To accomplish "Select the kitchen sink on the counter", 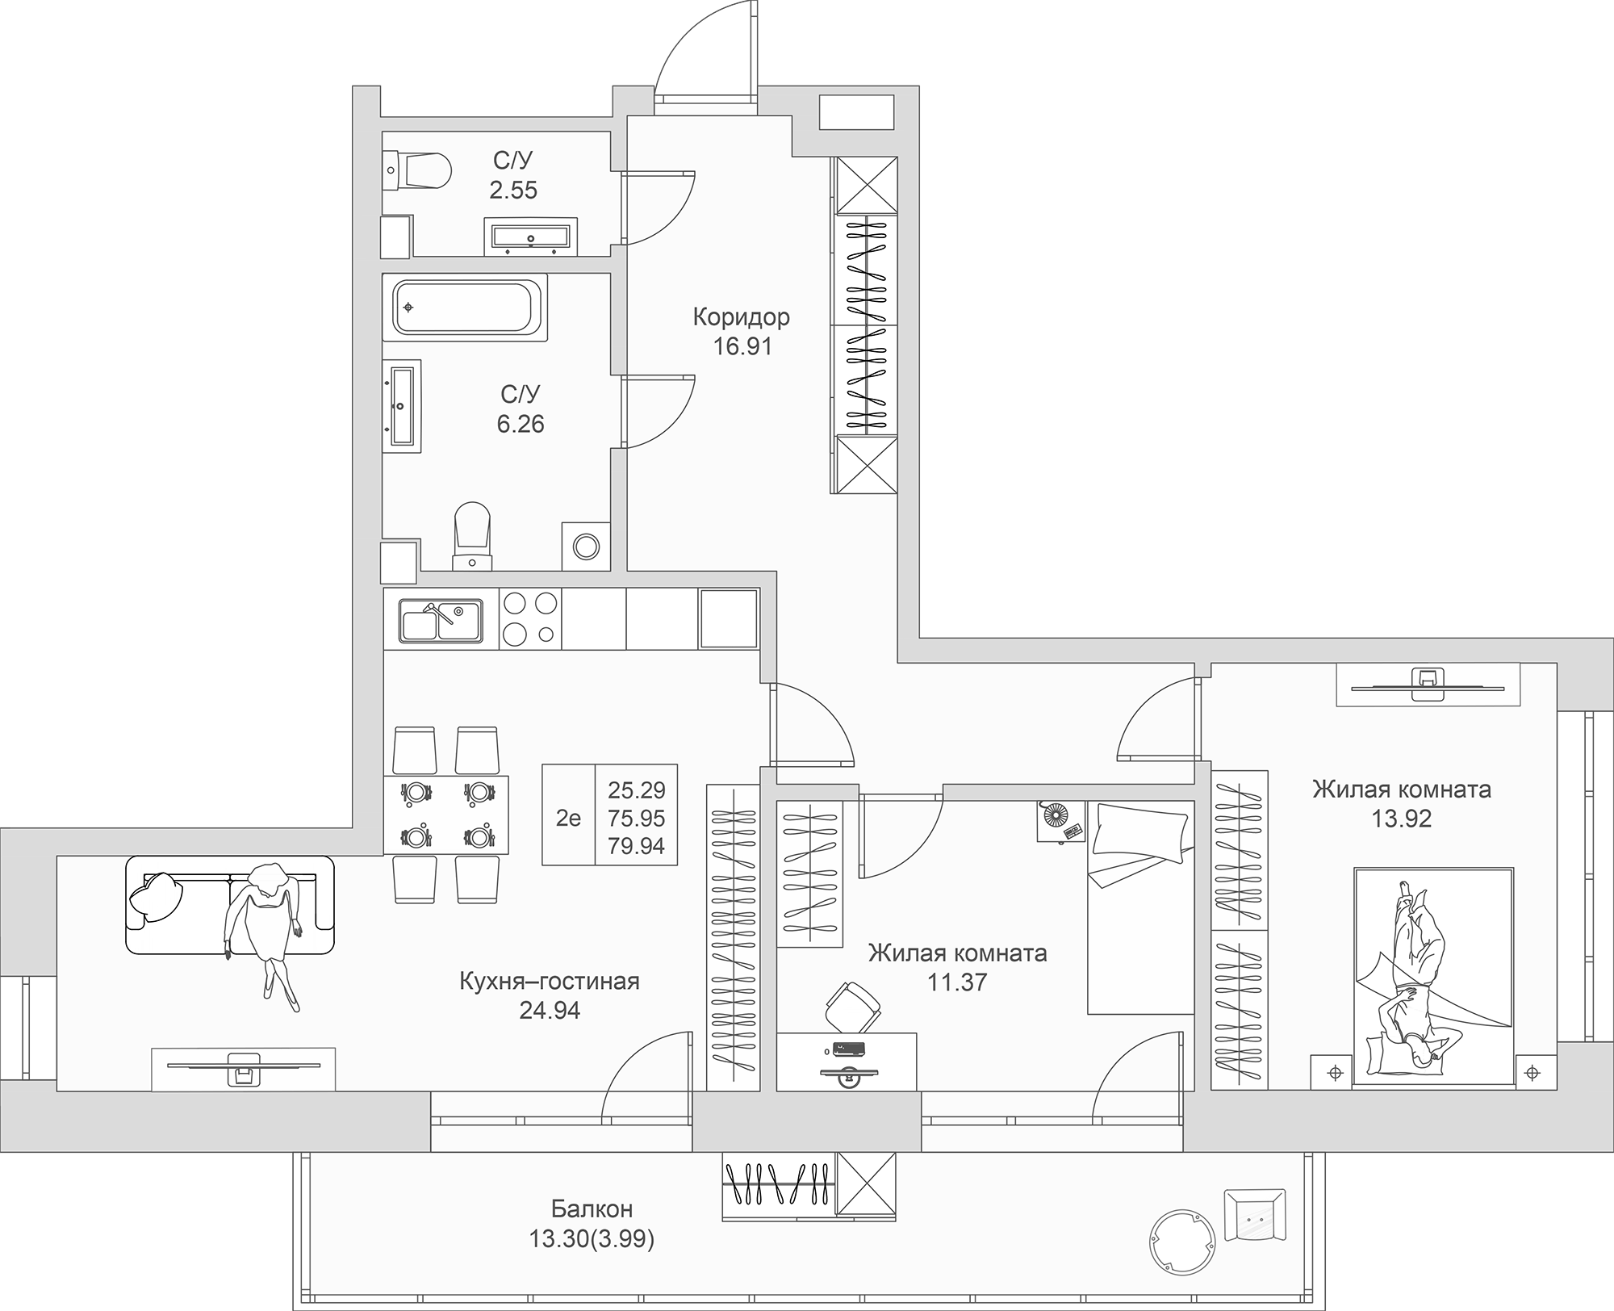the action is click(440, 621).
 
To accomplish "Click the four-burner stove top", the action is click(530, 619).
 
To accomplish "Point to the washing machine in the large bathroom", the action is click(586, 547).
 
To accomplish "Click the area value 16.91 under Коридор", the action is click(742, 346).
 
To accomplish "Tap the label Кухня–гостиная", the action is click(549, 981).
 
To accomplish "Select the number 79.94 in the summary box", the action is click(636, 845).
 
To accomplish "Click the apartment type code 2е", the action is click(568, 818).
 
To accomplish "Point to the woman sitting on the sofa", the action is click(265, 928).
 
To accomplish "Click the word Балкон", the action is click(592, 1208).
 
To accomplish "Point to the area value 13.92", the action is click(1402, 819).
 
